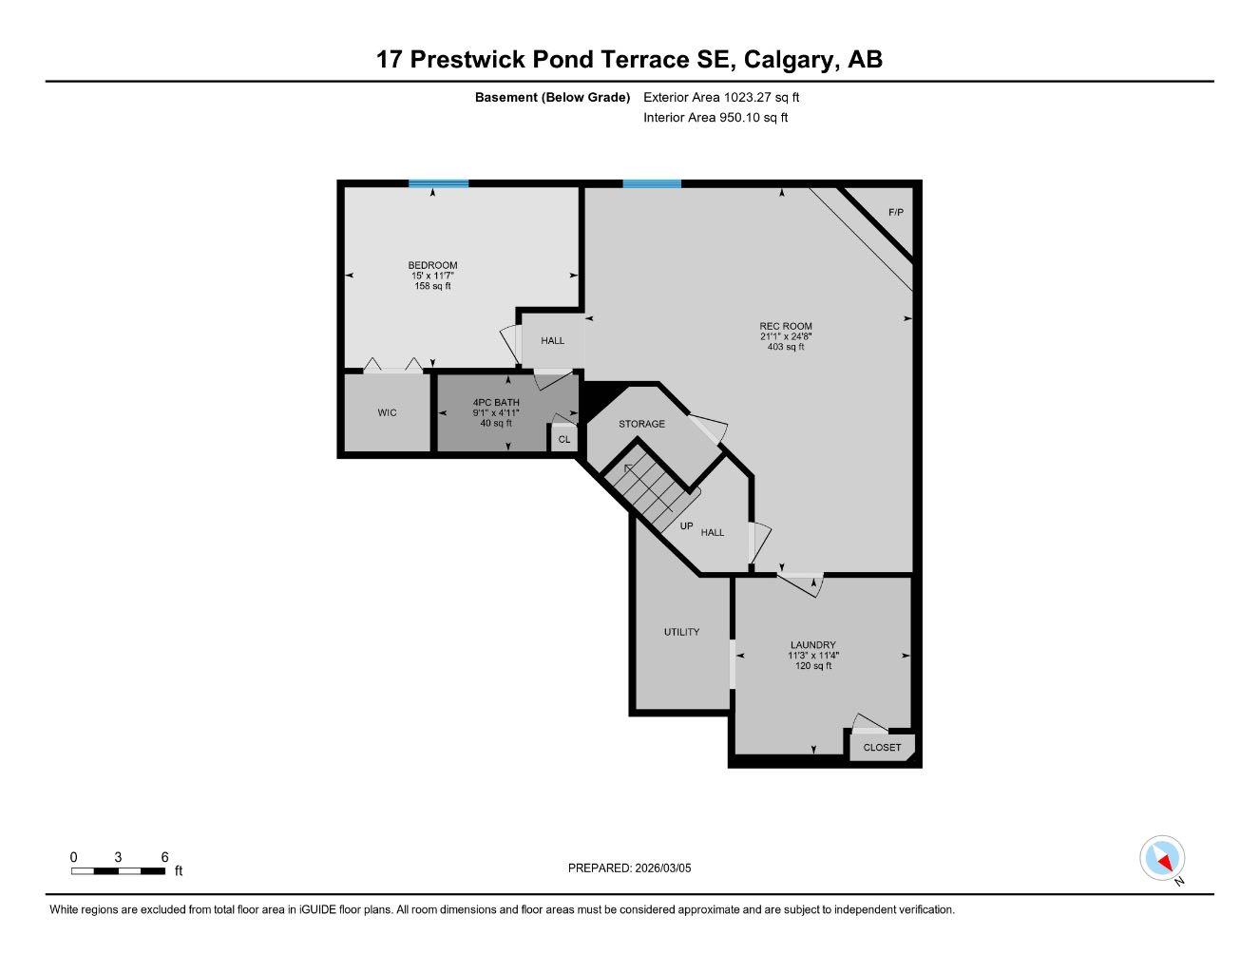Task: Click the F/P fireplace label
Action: (x=895, y=212)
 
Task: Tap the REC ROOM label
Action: (x=786, y=326)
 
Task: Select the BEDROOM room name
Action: (x=432, y=265)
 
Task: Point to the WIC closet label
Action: (x=387, y=412)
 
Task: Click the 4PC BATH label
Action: (x=496, y=402)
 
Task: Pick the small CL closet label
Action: (x=564, y=439)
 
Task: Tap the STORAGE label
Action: (x=641, y=424)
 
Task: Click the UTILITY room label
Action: (x=681, y=632)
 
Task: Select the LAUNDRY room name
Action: (x=812, y=644)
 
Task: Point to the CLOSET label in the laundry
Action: (x=882, y=747)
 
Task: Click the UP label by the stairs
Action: (x=686, y=525)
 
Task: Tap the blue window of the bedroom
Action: (x=438, y=183)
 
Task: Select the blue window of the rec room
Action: (x=652, y=183)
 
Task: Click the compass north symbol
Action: (x=1163, y=859)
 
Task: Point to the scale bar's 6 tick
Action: (x=164, y=857)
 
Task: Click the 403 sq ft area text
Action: (x=786, y=347)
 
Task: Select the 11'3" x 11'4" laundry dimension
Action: (x=812, y=655)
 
